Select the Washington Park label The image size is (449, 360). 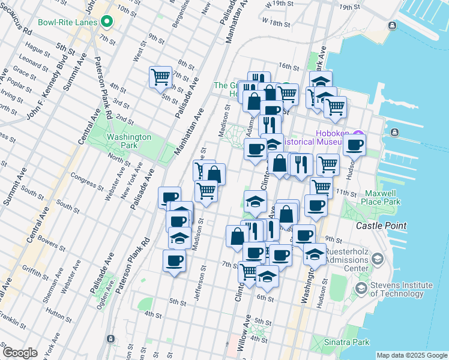[128, 141]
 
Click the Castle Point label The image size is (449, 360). [381, 226]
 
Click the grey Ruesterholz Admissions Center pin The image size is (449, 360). [377, 259]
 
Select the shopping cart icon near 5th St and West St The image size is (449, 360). [160, 77]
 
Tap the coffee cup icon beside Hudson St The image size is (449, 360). [355, 145]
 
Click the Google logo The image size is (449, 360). [20, 353]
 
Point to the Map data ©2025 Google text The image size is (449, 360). [411, 355]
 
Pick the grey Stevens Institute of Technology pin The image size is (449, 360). [361, 289]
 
